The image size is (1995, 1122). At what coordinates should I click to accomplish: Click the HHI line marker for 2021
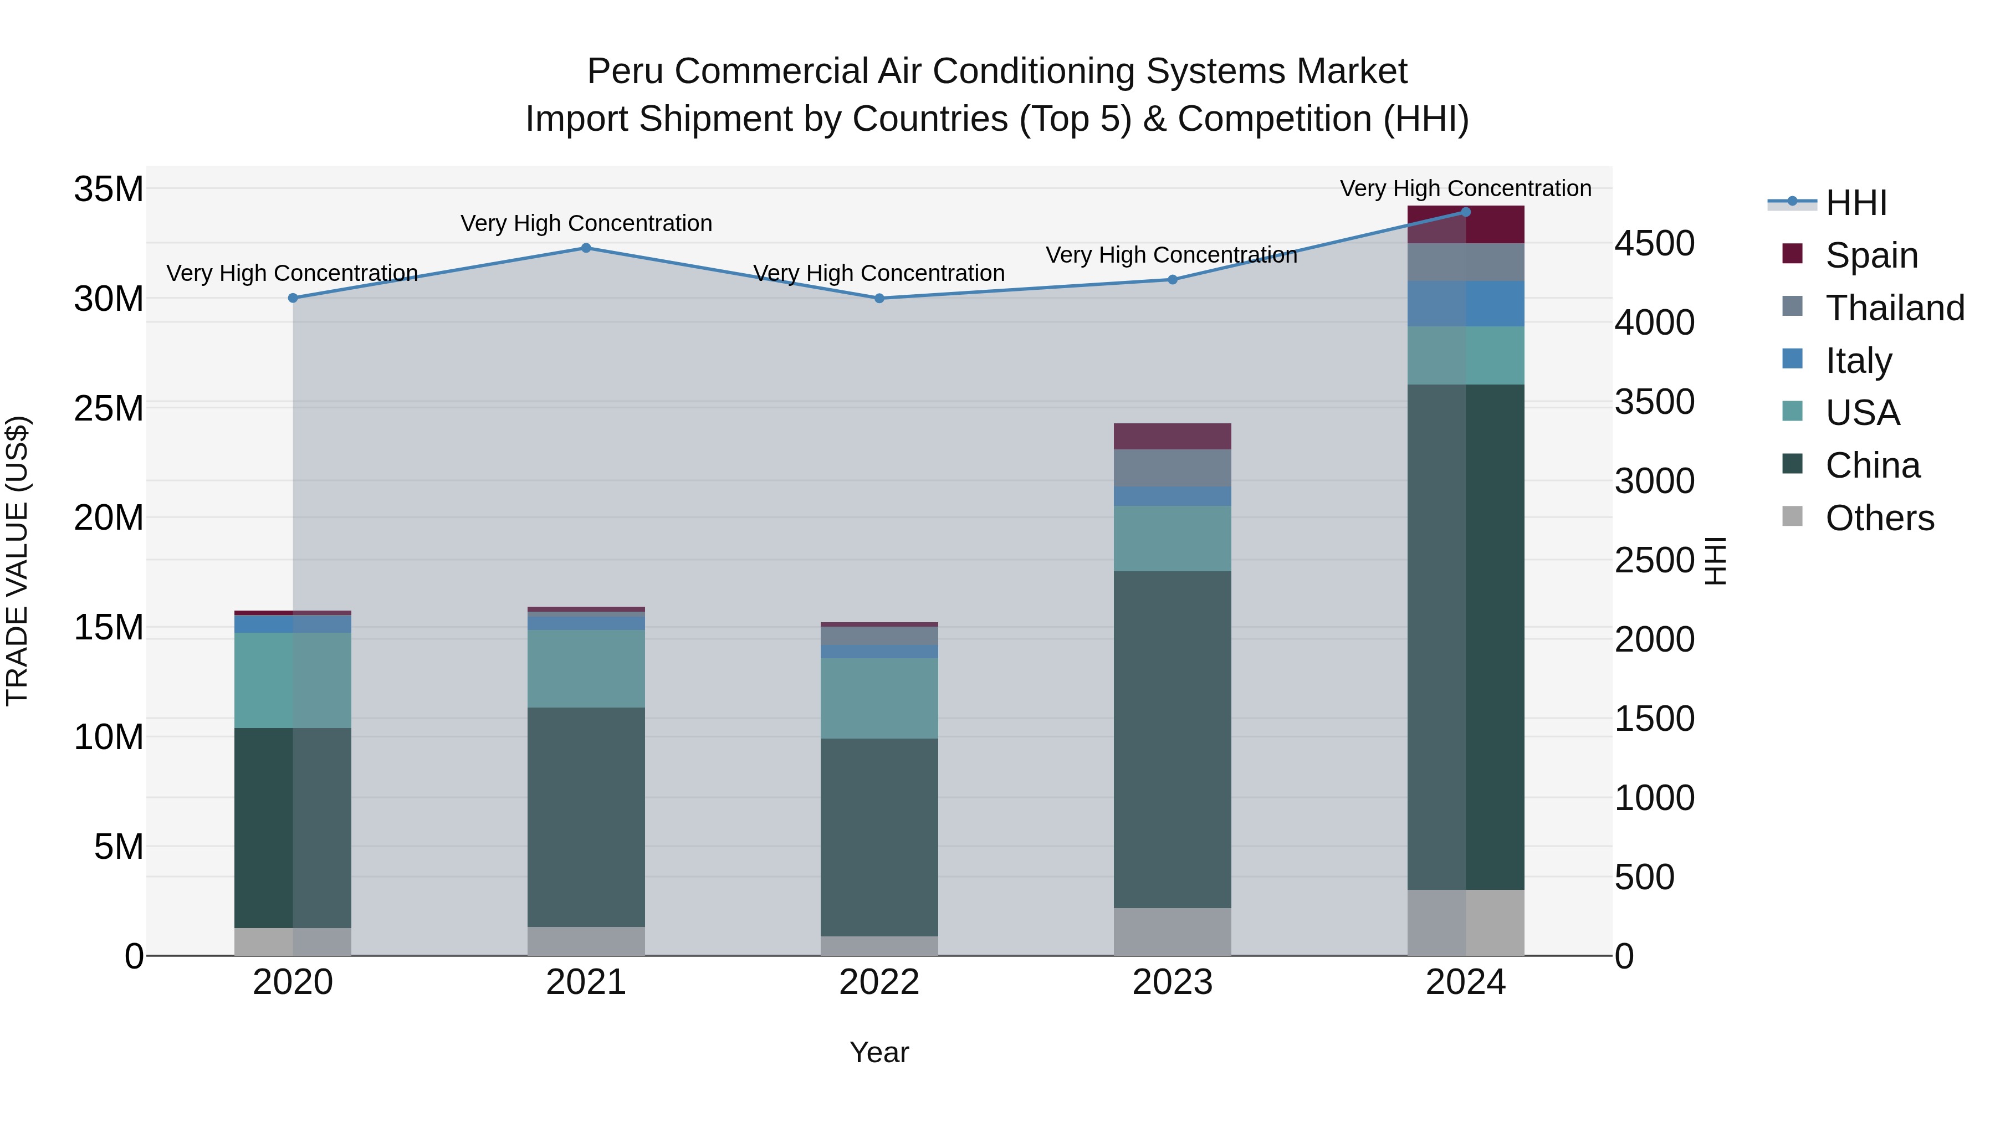click(x=586, y=248)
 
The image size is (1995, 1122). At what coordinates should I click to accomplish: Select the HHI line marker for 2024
click(x=1465, y=212)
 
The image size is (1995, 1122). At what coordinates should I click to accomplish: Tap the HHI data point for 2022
click(x=879, y=298)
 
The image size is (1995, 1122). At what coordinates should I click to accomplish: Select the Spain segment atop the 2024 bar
click(x=1465, y=224)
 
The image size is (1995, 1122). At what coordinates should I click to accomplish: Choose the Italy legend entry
click(x=1858, y=360)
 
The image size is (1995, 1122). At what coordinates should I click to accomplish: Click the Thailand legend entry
click(x=1894, y=308)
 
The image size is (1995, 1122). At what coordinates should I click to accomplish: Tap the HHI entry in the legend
click(x=1855, y=203)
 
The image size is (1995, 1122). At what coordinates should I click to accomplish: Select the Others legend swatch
click(x=1792, y=516)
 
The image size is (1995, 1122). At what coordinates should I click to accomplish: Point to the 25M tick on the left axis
click(x=109, y=408)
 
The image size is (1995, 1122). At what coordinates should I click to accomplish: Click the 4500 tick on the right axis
click(x=1654, y=243)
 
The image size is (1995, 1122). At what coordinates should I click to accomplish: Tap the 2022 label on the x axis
click(x=879, y=982)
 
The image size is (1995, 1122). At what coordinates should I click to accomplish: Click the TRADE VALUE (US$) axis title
click(x=17, y=561)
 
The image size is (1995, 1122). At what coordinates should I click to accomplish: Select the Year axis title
click(x=879, y=1052)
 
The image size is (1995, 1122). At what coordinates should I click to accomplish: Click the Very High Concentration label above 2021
click(x=586, y=223)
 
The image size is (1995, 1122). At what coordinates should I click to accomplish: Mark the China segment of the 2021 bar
click(x=586, y=816)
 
